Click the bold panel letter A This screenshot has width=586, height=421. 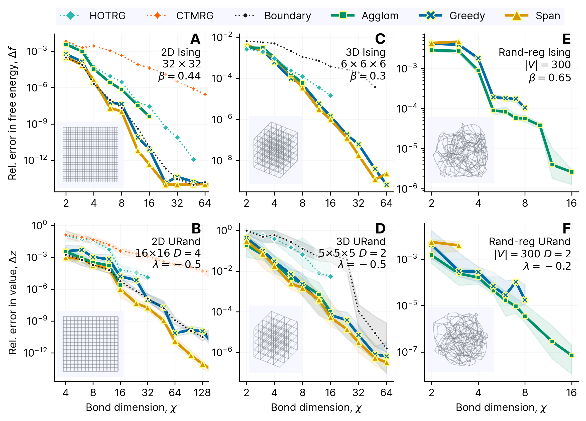tap(195, 39)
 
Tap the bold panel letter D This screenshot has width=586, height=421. tap(380, 229)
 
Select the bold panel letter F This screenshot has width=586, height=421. tap(566, 229)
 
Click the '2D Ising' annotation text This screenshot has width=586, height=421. tap(181, 52)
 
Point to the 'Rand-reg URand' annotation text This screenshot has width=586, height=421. tap(529, 242)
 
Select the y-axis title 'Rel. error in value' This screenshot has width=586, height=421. tap(13, 302)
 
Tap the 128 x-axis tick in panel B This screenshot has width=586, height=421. tap(202, 393)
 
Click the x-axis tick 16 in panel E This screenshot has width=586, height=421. tap(571, 203)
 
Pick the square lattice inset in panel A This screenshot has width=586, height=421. tap(90, 155)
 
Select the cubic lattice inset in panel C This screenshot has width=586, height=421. tap(275, 150)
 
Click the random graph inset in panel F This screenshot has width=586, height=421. tap(460, 339)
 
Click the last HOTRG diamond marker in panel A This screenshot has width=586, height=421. tap(193, 159)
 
